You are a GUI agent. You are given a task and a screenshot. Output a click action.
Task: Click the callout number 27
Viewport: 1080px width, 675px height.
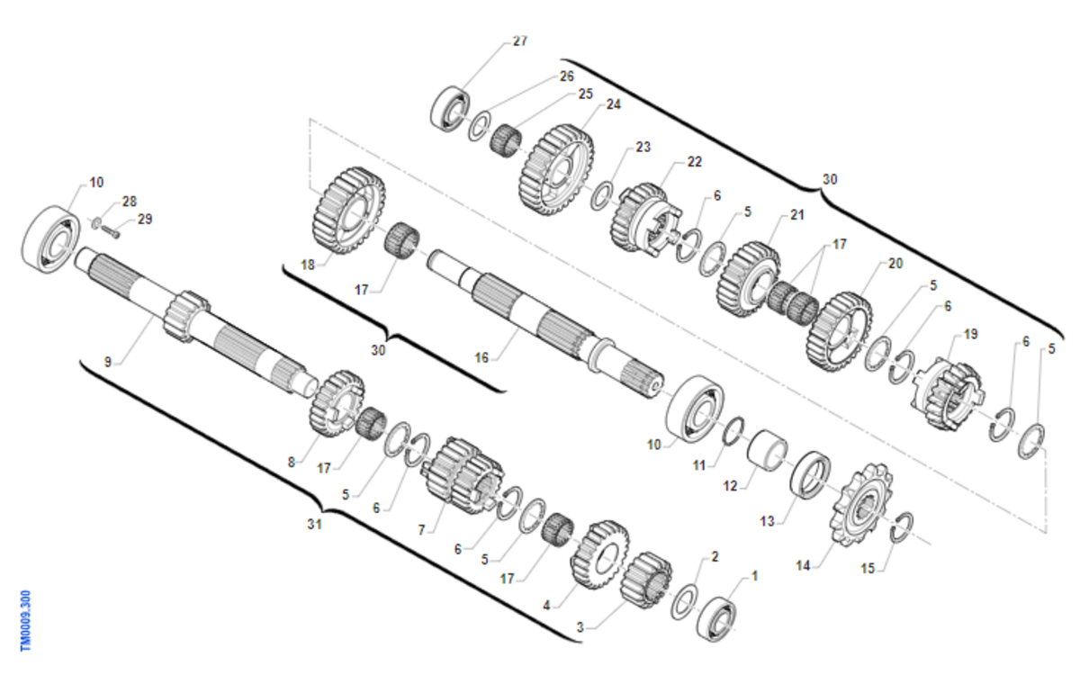pyautogui.click(x=520, y=41)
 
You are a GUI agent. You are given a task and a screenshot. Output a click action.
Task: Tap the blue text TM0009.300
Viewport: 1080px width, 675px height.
pyautogui.click(x=25, y=621)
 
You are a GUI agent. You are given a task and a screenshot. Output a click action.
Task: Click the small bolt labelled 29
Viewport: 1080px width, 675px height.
pyautogui.click(x=111, y=233)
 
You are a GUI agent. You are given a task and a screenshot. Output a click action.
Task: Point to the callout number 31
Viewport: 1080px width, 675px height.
pyautogui.click(x=314, y=524)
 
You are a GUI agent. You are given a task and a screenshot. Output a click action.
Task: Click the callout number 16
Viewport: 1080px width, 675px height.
pyautogui.click(x=481, y=357)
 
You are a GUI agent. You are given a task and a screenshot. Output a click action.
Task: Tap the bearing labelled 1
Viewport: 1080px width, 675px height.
pyautogui.click(x=717, y=619)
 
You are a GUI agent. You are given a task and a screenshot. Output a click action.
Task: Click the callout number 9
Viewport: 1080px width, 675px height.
pyautogui.click(x=108, y=362)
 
